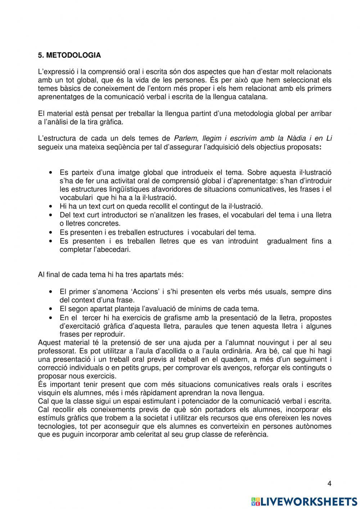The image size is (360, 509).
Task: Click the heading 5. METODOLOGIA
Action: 69,55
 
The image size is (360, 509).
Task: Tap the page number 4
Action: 329,483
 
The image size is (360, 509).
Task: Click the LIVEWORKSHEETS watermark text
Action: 309,501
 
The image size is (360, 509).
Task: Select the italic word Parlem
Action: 185,139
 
